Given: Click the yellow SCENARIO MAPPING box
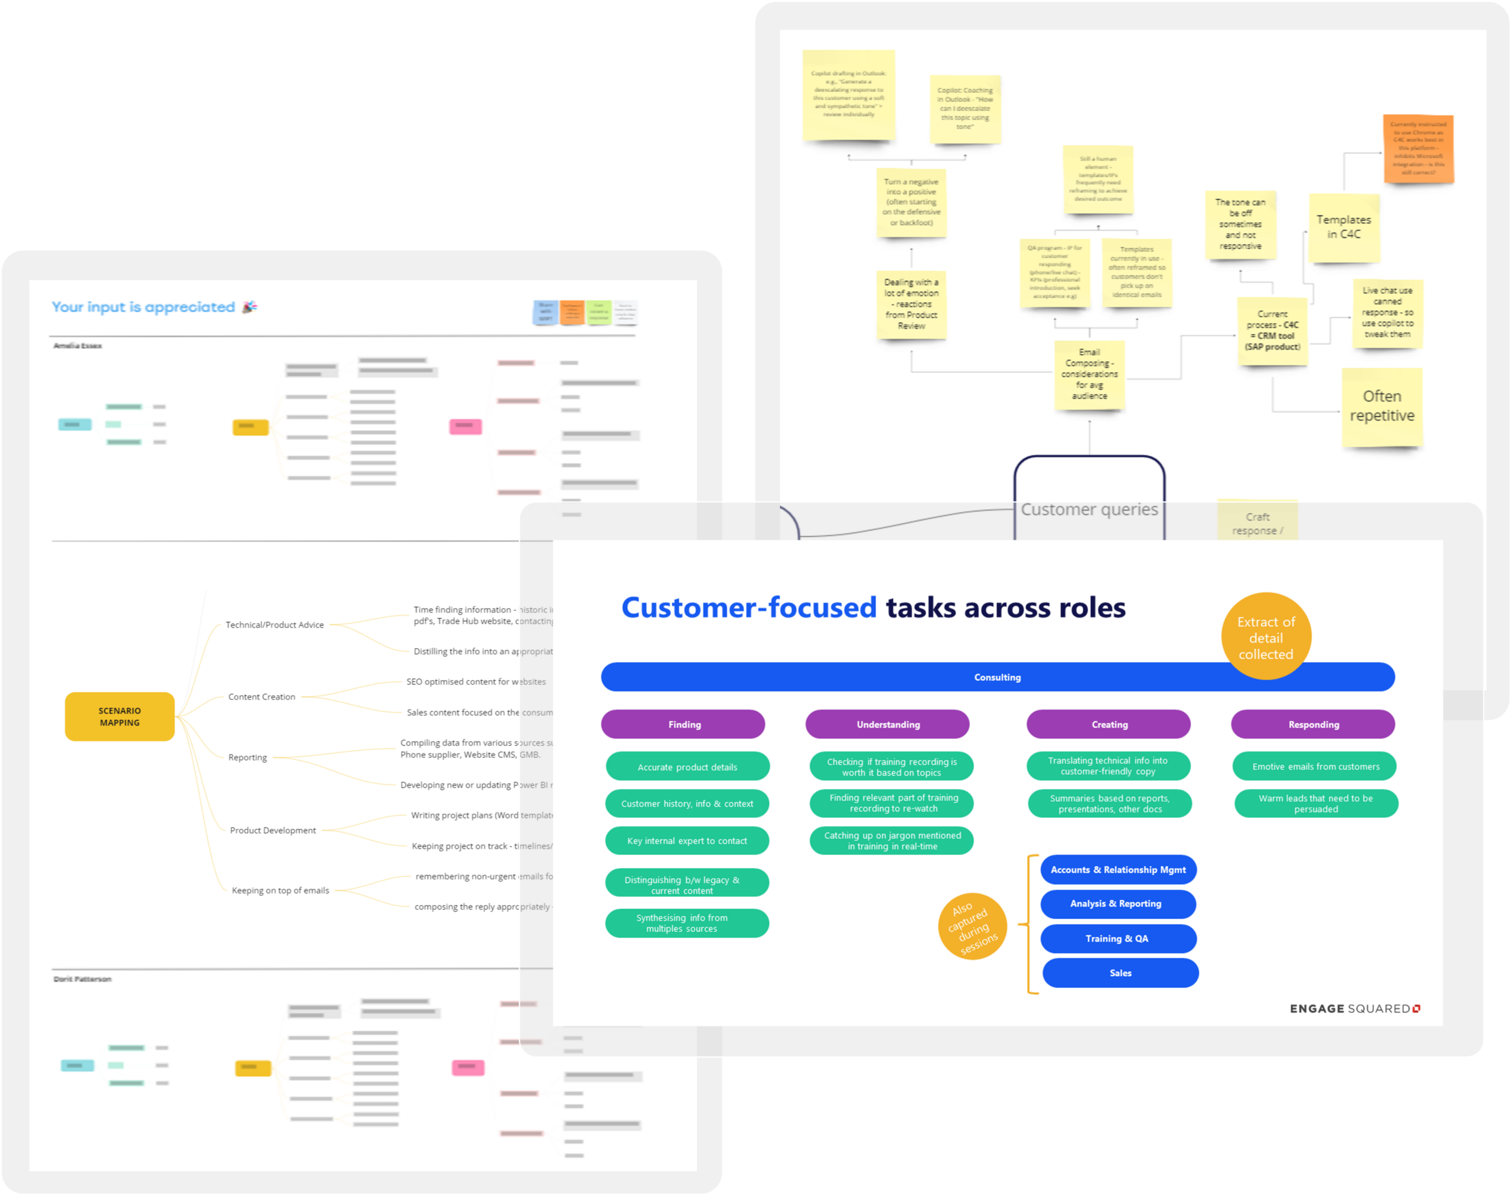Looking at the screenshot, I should (x=120, y=716).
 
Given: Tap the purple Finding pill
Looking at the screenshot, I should (x=683, y=724).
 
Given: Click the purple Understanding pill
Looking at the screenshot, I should (x=888, y=724).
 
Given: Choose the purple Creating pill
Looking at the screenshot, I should (x=1109, y=724).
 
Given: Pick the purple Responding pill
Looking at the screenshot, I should (x=1313, y=724).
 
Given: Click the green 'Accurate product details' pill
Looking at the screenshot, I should (x=687, y=767).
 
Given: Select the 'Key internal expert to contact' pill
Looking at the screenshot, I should (x=687, y=841).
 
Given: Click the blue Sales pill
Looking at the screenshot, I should (x=1120, y=973).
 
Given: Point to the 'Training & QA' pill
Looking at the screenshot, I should (x=1118, y=939).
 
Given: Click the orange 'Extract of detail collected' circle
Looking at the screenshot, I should (x=1266, y=636).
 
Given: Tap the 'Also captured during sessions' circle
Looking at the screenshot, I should (x=973, y=927).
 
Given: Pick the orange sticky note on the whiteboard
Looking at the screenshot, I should (x=1418, y=148).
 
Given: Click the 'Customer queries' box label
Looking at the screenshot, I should (x=1089, y=510).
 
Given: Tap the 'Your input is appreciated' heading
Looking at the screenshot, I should (x=144, y=307).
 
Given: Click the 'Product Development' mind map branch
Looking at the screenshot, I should (x=273, y=830).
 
